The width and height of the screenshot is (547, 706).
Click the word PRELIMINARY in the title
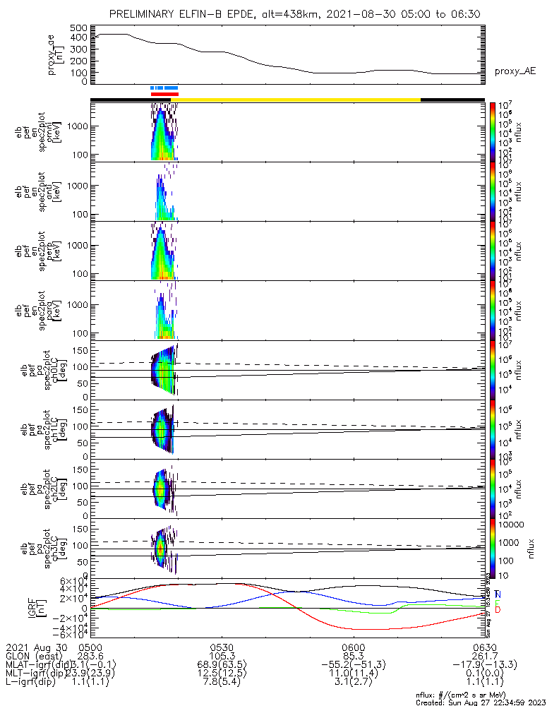pos(144,14)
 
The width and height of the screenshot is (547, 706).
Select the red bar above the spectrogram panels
pos(164,93)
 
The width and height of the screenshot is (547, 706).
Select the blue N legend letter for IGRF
pos(499,594)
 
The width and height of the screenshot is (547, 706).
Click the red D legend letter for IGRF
pos(499,609)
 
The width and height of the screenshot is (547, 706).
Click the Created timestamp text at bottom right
pos(481,702)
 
